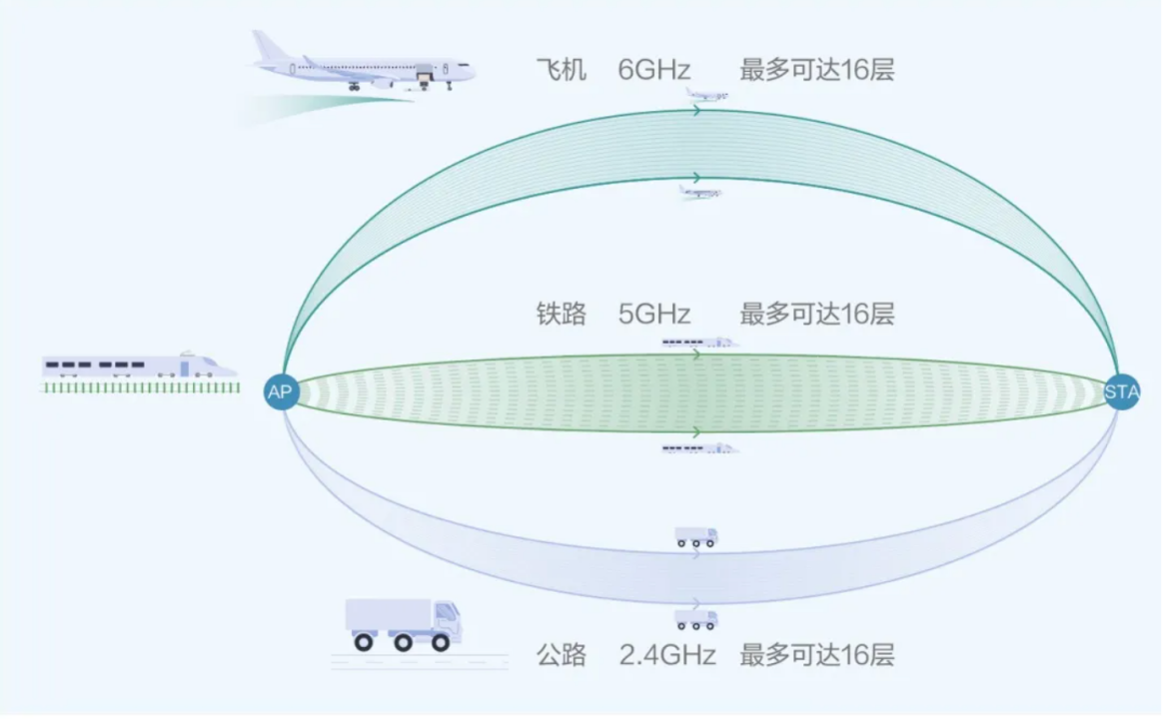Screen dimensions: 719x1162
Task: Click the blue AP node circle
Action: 282,391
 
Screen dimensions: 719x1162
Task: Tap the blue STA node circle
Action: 1121,391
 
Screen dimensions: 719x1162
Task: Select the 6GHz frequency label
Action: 654,70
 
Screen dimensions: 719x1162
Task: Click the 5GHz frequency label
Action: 654,315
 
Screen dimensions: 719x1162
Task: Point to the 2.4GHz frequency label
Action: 667,656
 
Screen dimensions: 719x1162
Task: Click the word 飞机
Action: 561,70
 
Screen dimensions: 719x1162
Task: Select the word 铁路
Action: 561,315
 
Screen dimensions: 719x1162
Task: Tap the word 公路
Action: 561,656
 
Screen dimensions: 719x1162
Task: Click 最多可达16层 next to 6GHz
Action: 816,70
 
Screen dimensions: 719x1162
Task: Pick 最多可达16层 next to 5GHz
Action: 816,315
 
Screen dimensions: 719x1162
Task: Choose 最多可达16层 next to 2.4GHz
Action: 816,656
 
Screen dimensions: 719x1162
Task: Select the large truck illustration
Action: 404,625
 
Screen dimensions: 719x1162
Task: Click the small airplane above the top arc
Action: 706,95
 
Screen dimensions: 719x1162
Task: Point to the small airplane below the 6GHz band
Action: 699,192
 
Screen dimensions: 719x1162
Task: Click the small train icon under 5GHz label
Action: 699,343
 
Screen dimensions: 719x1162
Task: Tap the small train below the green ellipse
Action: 699,449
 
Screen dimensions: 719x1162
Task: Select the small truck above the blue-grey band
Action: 696,537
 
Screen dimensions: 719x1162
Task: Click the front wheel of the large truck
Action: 441,643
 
